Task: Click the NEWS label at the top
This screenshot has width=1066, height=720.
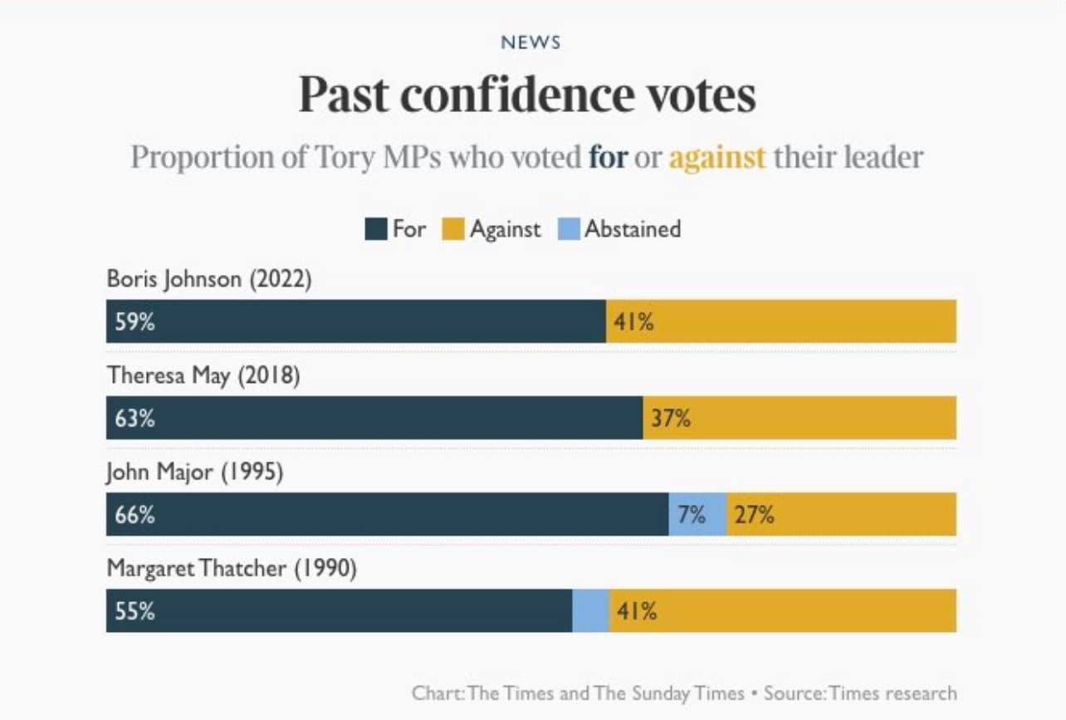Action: point(531,42)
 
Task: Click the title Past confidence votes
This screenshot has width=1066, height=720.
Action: point(527,95)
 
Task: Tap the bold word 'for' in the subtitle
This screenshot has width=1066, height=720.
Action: point(608,157)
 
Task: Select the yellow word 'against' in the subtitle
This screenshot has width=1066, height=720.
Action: point(716,157)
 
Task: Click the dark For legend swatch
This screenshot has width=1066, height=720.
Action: point(376,229)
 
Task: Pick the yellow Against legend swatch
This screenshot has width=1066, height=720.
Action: point(453,229)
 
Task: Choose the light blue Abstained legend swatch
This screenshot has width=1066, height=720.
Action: point(569,229)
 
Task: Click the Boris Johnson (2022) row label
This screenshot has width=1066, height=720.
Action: point(209,279)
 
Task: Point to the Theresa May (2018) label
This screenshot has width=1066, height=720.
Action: point(203,375)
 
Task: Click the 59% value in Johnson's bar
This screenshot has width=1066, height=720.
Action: point(135,322)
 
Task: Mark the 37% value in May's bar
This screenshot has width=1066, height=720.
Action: point(671,419)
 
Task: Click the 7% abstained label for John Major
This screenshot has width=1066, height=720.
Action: point(692,515)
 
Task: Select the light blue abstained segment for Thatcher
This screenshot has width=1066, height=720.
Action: point(590,611)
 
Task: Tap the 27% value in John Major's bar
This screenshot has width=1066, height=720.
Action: point(754,515)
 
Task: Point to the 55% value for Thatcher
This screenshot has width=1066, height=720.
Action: point(135,612)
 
